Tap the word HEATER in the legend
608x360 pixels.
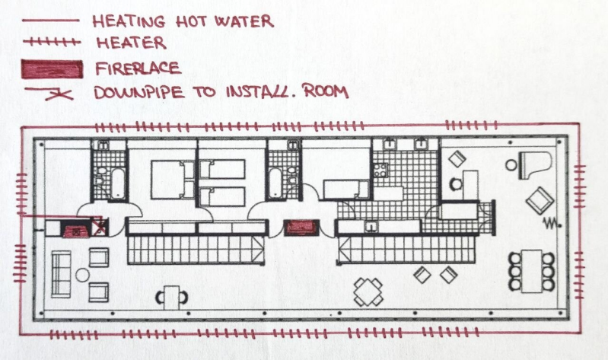132,43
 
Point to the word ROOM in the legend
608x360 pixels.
326,91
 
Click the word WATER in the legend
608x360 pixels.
244,21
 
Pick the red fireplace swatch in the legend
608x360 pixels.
52,69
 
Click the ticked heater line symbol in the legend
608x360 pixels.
52,42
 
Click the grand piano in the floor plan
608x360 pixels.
535,165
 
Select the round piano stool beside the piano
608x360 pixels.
511,165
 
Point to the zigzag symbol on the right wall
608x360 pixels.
552,223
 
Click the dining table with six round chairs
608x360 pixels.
532,271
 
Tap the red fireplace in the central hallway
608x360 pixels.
301,228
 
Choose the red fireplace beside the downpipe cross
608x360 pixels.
77,231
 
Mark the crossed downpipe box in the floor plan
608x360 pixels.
100,228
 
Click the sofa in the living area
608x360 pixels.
61,274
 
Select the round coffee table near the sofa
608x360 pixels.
83,275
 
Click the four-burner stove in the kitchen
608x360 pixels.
380,170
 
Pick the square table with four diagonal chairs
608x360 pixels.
368,292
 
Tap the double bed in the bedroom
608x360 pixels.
172,180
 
